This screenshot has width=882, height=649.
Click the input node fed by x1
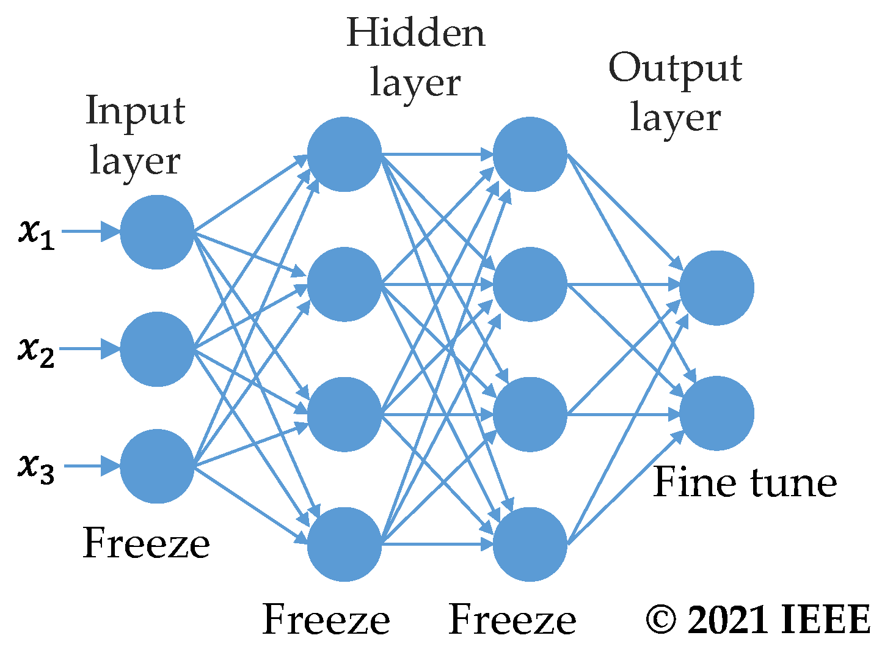[x=157, y=232]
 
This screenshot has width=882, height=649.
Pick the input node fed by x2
[x=157, y=349]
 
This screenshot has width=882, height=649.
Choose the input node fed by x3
[x=157, y=466]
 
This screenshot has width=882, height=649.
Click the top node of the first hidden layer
[x=344, y=154]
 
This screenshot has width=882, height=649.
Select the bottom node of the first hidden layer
[x=344, y=544]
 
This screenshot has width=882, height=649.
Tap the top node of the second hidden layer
[x=530, y=154]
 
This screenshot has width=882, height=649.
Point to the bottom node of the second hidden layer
[x=530, y=544]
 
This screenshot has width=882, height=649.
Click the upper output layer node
[x=716, y=287]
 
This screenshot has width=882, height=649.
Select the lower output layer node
[x=716, y=413]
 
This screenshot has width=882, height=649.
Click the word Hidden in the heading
[x=415, y=33]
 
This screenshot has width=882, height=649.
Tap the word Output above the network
[x=675, y=68]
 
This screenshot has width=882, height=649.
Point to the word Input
[x=135, y=111]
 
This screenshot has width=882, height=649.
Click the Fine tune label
[x=745, y=482]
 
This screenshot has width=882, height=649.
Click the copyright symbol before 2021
[x=662, y=620]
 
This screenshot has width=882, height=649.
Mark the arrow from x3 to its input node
[x=92, y=466]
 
